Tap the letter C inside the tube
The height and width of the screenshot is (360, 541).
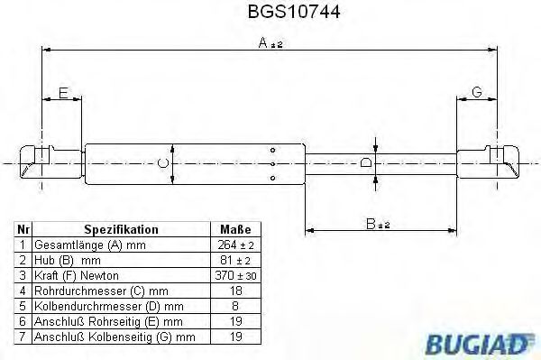[x=162, y=162]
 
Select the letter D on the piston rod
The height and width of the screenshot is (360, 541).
[x=365, y=163]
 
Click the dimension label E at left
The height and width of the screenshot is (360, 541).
[x=62, y=92]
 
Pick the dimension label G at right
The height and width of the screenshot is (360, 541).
[x=476, y=92]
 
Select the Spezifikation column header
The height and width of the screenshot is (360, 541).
[x=121, y=230]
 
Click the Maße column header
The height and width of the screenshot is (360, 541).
[x=234, y=230]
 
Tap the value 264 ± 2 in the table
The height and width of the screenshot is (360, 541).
[x=234, y=245]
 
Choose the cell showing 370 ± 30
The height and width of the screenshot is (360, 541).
[x=234, y=275]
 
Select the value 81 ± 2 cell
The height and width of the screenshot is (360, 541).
[x=234, y=260]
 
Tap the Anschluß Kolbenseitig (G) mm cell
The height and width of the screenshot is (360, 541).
[x=114, y=337]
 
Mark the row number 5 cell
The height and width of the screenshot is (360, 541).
[x=21, y=306]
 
